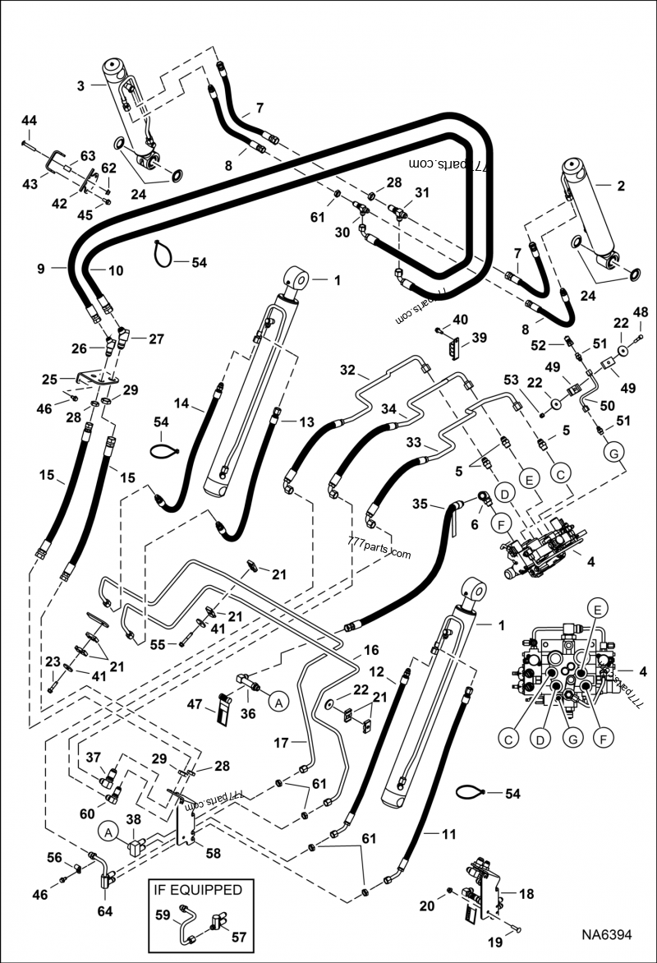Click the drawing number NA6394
(x=608, y=935)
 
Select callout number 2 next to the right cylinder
(x=620, y=187)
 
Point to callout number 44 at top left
(x=29, y=121)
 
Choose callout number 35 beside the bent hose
(x=420, y=504)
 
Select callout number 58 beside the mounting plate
(x=213, y=853)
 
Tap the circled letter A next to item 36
(x=278, y=703)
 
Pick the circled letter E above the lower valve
(x=597, y=609)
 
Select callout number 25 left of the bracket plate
(x=50, y=380)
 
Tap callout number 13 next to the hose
(x=306, y=422)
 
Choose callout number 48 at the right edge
(x=640, y=312)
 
